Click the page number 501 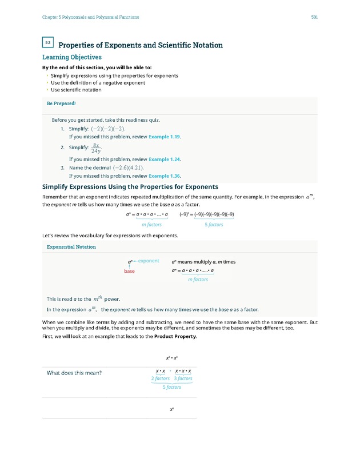314,17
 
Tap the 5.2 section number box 48,43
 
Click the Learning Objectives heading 72,57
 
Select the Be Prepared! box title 61,104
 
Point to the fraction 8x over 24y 96,148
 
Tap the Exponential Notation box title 71,246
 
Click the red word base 130,271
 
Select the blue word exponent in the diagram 149,261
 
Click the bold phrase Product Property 177,336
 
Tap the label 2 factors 161,379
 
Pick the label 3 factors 183,379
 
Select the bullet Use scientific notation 76,90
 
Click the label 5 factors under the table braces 172,387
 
